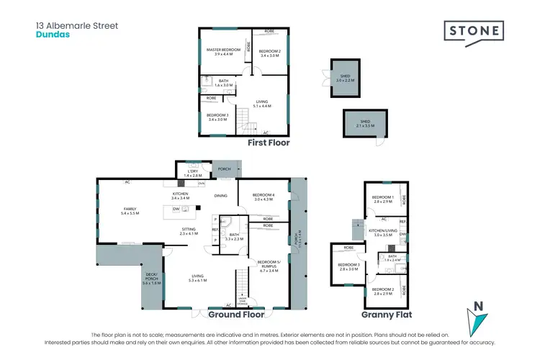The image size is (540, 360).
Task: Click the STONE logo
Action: (x=472, y=30)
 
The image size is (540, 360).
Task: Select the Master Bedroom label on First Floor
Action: (x=223, y=51)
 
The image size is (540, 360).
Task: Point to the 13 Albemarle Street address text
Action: (x=77, y=25)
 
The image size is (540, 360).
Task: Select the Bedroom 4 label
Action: (x=264, y=197)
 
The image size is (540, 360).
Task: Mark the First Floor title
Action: (x=269, y=143)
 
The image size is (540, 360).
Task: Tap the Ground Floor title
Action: (x=235, y=314)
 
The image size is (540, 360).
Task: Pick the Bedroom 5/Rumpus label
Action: (x=268, y=265)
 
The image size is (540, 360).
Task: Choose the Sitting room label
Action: (x=188, y=232)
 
